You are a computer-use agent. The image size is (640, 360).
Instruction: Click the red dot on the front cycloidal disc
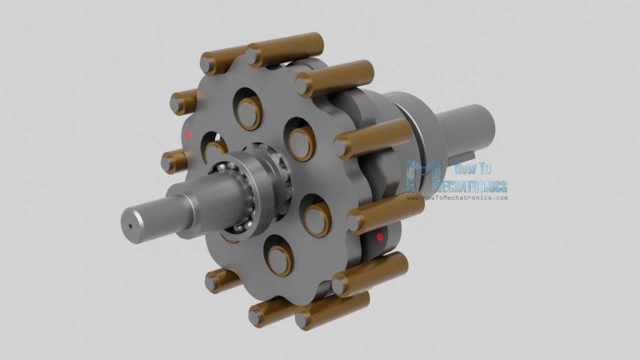click(188, 133)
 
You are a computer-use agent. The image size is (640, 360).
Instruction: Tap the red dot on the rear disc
click(380, 237)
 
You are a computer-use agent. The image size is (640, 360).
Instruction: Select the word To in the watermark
click(486, 169)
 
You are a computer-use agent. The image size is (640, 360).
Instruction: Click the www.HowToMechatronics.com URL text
click(457, 198)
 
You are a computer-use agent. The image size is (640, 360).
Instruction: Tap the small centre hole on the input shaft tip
click(130, 223)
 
